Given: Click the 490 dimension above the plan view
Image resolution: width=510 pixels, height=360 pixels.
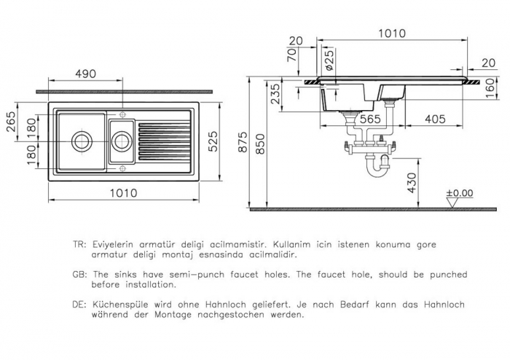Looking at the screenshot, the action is coord(85,74).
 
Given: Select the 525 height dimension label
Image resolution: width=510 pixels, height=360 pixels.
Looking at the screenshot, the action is coord(213,141).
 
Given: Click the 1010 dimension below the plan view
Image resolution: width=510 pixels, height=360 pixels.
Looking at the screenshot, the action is coord(124,193).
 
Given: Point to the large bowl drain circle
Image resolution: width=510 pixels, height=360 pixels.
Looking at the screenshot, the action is coord(82,141).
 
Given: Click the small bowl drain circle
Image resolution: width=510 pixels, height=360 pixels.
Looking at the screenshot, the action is coord(122,141).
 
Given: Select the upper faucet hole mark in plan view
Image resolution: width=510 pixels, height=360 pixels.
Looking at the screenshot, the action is coord(122,114).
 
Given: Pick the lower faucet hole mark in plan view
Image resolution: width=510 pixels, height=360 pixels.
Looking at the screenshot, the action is coord(122,168).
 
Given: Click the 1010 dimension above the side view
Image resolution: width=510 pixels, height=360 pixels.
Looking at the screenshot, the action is coord(392,34).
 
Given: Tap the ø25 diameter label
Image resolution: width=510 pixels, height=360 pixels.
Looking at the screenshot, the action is coord(329,60).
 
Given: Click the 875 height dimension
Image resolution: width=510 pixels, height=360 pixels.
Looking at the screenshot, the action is coord(243,142).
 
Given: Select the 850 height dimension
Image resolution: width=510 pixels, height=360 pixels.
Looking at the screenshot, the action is coord(260,144).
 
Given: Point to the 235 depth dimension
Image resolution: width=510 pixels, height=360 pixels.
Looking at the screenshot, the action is coord(275,94).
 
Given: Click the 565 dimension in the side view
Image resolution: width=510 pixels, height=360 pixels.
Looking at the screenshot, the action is coord(370,119).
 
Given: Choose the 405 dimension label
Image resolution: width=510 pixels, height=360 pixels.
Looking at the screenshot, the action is coord(435,119).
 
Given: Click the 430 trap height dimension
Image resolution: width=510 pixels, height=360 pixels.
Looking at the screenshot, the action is coord(412,183).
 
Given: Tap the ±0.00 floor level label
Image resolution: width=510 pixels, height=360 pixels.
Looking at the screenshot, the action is coord(459,193).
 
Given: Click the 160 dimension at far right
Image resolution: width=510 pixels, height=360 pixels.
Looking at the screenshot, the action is coord(490,87).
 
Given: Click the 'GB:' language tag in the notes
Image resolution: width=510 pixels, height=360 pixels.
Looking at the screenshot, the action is coord(79,275).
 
